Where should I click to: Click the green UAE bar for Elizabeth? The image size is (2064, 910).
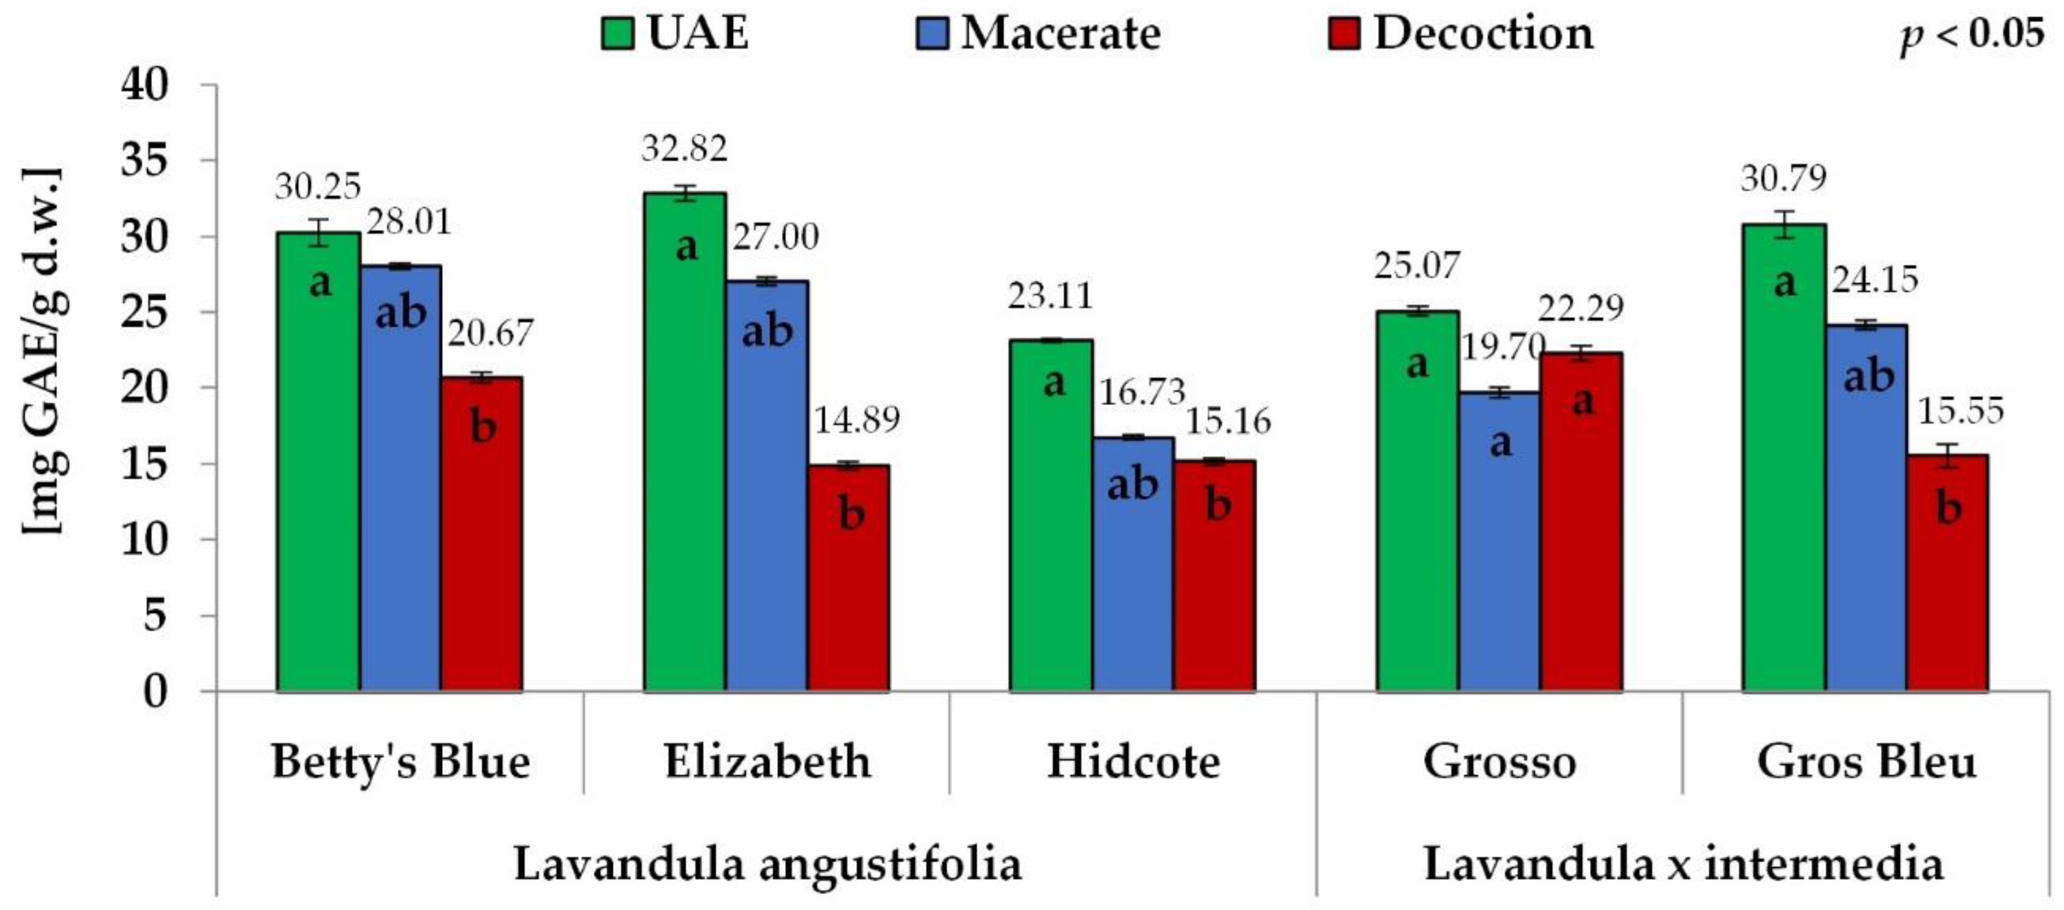685,441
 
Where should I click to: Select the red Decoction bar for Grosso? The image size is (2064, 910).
1582,521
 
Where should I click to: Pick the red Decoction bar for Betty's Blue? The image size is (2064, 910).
482,533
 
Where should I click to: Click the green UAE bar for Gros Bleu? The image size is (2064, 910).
1785,457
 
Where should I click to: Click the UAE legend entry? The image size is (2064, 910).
675,34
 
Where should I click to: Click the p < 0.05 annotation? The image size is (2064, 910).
1972,35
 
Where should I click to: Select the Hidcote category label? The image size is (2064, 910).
1133,761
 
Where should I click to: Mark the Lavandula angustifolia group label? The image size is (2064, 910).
767,864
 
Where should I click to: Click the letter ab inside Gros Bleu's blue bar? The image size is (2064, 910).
1869,375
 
